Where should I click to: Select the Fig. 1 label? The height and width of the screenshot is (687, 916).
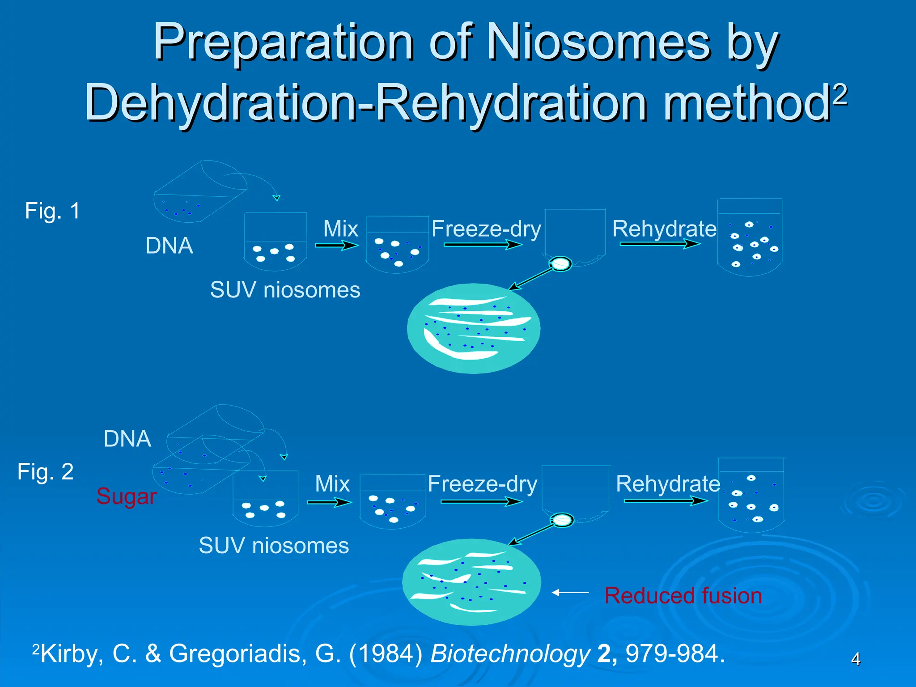click(x=52, y=211)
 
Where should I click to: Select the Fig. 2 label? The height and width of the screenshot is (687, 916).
click(x=46, y=471)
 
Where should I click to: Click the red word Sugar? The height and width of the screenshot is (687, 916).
click(x=127, y=496)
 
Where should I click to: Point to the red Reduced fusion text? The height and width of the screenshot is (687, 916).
click(x=683, y=596)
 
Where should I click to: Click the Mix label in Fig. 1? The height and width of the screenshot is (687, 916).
click(x=340, y=229)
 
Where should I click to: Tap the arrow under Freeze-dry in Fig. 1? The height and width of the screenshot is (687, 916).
click(x=483, y=244)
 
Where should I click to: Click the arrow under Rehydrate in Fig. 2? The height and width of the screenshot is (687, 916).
click(x=666, y=500)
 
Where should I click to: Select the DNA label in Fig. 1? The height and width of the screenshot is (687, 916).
click(x=169, y=246)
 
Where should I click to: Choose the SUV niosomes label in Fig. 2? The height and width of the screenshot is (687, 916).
click(x=274, y=546)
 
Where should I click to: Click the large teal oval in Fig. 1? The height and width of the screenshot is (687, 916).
click(x=473, y=329)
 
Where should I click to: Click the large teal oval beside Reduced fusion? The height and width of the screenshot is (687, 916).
click(x=471, y=582)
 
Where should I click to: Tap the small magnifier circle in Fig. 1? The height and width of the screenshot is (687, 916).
click(x=560, y=264)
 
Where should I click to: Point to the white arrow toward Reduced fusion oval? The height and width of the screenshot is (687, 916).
click(x=570, y=593)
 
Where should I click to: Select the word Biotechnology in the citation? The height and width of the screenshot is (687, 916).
click(x=510, y=654)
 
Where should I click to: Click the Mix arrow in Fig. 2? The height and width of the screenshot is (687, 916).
click(x=329, y=502)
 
